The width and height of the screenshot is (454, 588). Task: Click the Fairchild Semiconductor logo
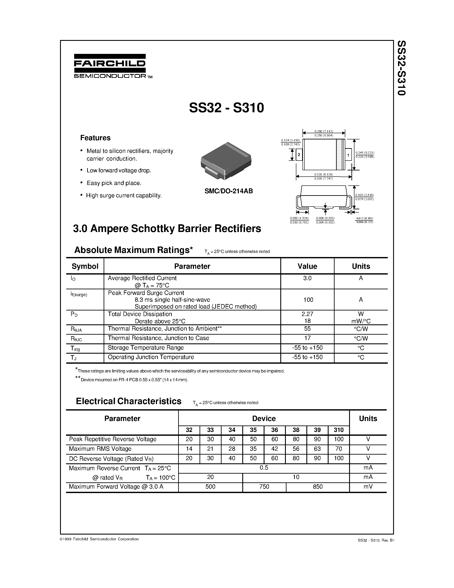pos(110,66)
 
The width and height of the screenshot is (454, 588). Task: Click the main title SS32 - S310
pos(226,108)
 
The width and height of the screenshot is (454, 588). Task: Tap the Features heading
pos(95,138)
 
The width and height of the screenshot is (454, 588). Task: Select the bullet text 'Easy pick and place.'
pos(114,183)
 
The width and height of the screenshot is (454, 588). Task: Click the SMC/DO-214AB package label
pos(229,191)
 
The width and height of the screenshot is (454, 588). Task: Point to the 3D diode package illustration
pos(226,161)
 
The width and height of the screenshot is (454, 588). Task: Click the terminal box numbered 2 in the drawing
pos(299,155)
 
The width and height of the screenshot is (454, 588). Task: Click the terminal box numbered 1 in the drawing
pos(348,155)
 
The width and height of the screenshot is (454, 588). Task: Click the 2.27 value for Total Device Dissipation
pos(307,314)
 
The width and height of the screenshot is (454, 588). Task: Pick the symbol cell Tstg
pos(75,348)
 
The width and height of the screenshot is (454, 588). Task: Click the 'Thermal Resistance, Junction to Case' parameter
pos(158,338)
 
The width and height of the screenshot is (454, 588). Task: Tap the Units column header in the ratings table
pos(361,266)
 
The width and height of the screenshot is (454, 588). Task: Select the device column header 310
pos(339,430)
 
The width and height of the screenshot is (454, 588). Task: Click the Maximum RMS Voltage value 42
pos(275,449)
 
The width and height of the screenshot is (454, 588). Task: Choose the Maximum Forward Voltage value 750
pos(264,486)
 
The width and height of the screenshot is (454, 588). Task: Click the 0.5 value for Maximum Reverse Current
pos(264,468)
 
